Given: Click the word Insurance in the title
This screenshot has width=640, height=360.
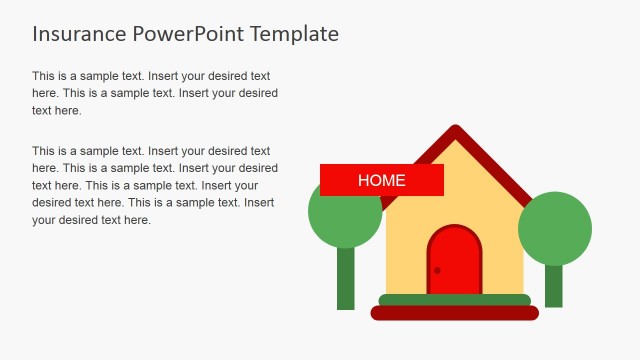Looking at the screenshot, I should (x=78, y=34).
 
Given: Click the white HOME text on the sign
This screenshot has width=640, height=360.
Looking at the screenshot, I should (x=382, y=181).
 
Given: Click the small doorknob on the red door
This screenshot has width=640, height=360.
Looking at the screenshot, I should (x=437, y=270).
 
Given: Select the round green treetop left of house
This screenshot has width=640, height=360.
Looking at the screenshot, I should (x=344, y=215).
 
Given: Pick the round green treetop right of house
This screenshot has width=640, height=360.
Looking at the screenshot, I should (x=555, y=229).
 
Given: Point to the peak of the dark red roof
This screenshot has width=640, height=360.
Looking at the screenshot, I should (x=456, y=131).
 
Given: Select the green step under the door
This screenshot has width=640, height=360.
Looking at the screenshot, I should (x=455, y=300).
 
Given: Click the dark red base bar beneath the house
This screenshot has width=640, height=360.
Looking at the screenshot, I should (x=455, y=313).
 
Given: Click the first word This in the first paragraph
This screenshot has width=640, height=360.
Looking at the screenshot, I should (x=44, y=76).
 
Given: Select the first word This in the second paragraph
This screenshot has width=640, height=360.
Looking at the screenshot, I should (x=44, y=152).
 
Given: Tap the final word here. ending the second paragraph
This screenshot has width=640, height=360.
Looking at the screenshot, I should (x=135, y=220).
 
